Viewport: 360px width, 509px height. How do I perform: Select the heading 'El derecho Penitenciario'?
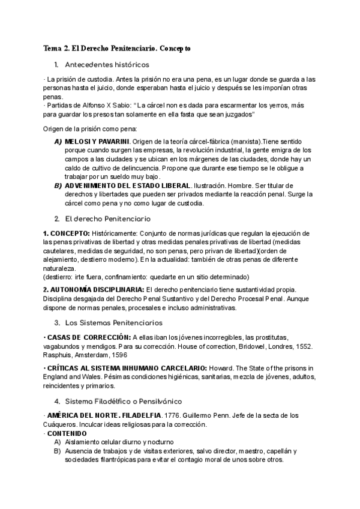click(x=110, y=219)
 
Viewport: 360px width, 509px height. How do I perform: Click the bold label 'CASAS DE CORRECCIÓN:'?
click(x=89, y=337)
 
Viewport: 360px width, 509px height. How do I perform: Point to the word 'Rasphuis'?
click(x=59, y=355)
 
